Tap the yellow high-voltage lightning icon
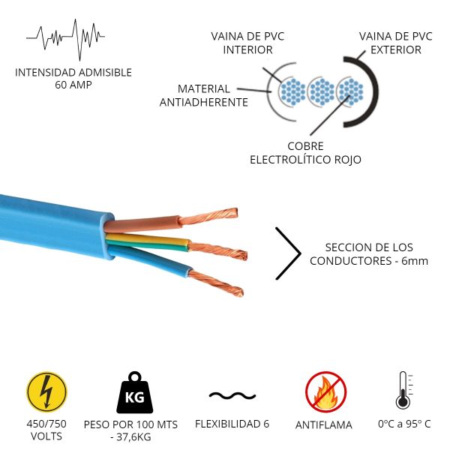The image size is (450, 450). point(46,392)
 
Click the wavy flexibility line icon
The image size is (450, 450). point(226,395)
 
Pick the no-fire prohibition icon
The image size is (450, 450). point(325,391)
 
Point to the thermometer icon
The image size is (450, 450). point(403,391)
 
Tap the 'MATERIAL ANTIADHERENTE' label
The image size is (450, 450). point(204,95)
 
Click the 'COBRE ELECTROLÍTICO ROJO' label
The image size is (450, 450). point(305,153)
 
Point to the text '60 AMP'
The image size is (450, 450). point(73,85)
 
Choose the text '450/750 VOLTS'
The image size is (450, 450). point(46,430)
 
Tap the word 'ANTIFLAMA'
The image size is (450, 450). point(323,425)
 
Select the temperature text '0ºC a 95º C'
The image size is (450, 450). point(404,424)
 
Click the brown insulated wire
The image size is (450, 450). point(142,222)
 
